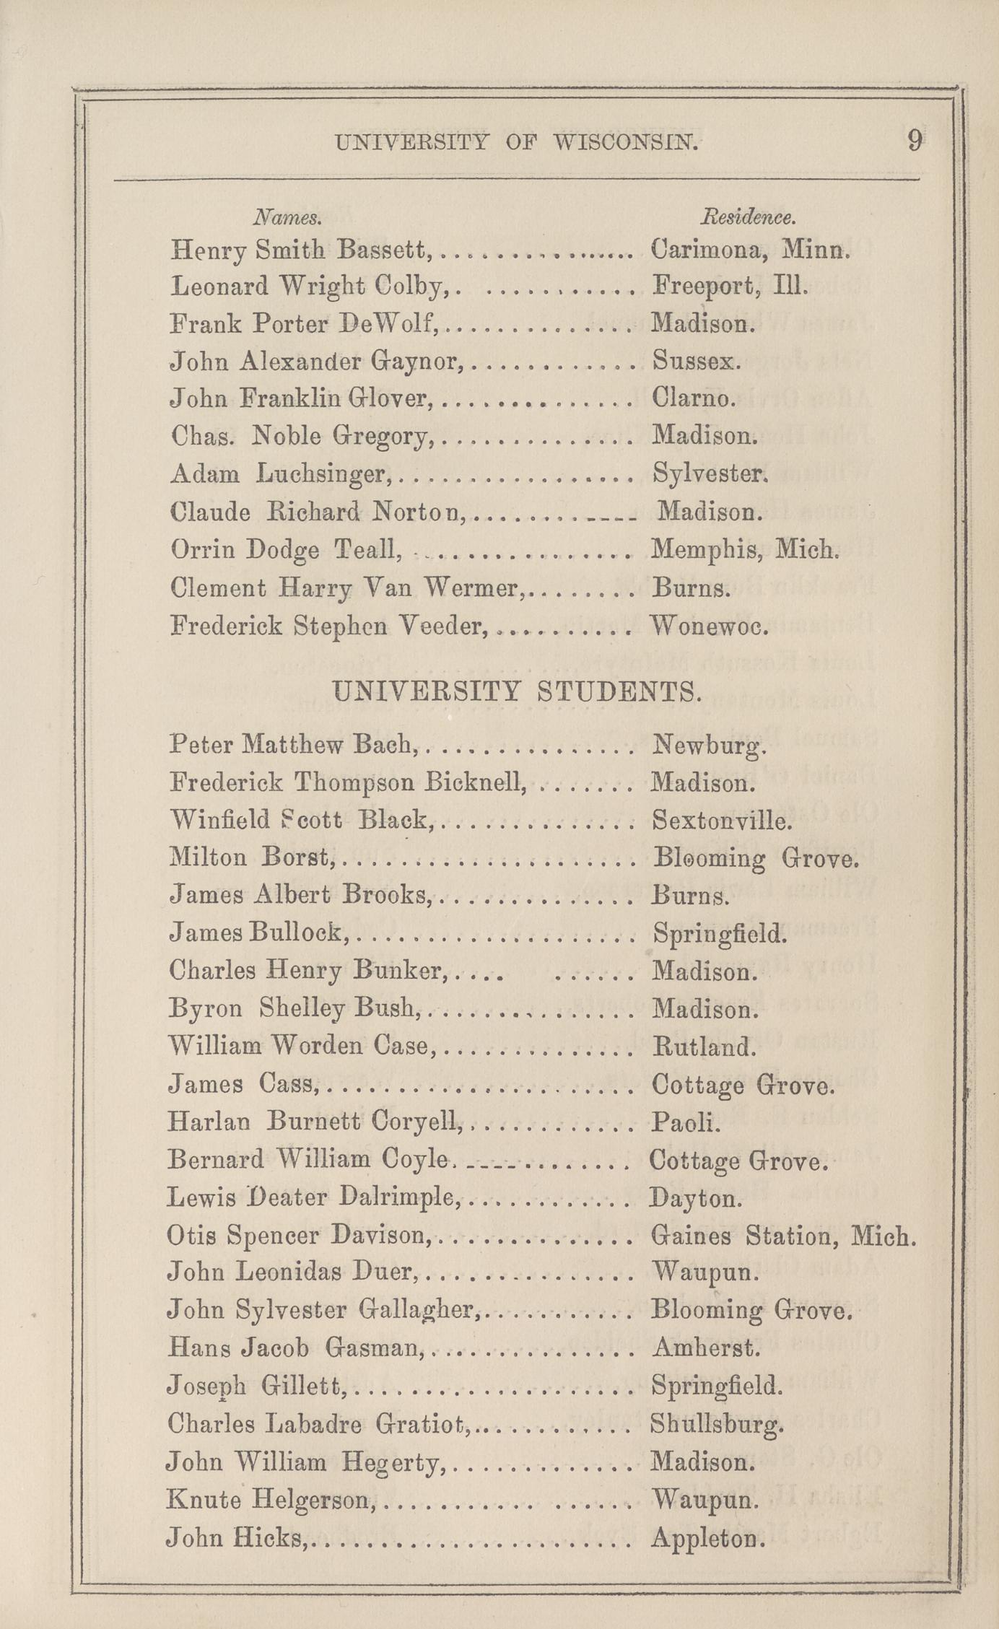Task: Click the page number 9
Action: coord(915,140)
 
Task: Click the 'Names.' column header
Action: coord(287,217)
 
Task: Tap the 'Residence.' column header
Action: coord(749,217)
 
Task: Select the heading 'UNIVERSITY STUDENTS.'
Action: coord(517,692)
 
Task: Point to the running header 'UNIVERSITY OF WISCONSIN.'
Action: coord(517,143)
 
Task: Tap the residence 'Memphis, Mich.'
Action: coord(743,551)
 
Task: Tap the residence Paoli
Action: coord(686,1122)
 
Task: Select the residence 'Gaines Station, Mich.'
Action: coord(783,1236)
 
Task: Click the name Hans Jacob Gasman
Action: coord(293,1347)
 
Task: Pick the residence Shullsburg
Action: coord(716,1424)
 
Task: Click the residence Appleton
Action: coord(707,1539)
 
